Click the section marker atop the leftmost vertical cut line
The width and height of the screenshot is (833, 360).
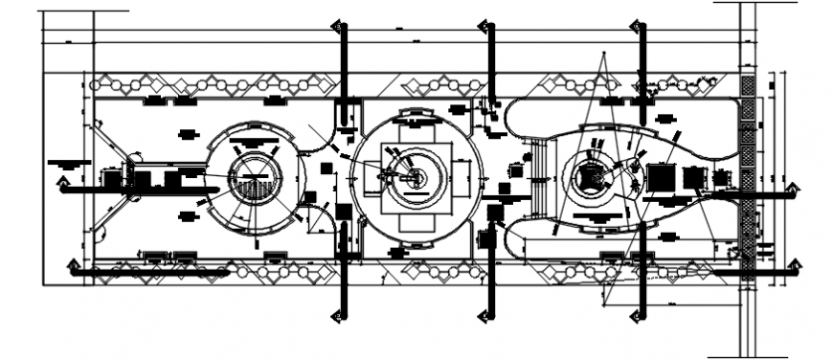coord(336,27)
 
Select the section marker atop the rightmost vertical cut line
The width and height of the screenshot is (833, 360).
coord(634,27)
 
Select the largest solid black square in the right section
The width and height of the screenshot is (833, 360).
coord(660,177)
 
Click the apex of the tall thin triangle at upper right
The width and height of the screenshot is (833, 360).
coord(602,54)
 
